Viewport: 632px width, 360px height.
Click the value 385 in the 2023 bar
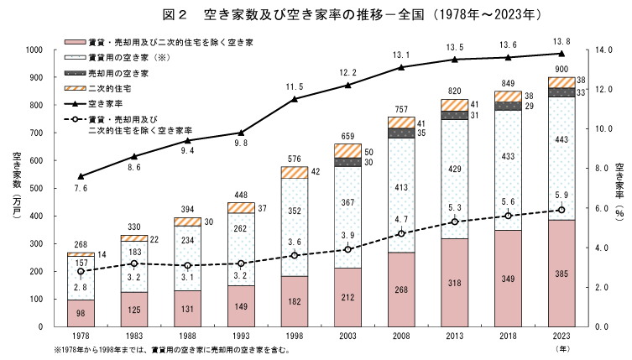tap(562, 273)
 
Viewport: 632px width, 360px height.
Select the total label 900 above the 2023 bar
tap(562, 68)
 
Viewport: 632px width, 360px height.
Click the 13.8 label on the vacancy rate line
tap(562, 40)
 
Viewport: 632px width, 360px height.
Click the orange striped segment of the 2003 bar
tap(348, 150)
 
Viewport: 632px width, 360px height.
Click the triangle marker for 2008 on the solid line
tap(402, 67)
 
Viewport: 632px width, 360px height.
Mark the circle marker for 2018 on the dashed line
tap(509, 216)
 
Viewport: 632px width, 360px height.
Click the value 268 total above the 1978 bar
tap(81, 244)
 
